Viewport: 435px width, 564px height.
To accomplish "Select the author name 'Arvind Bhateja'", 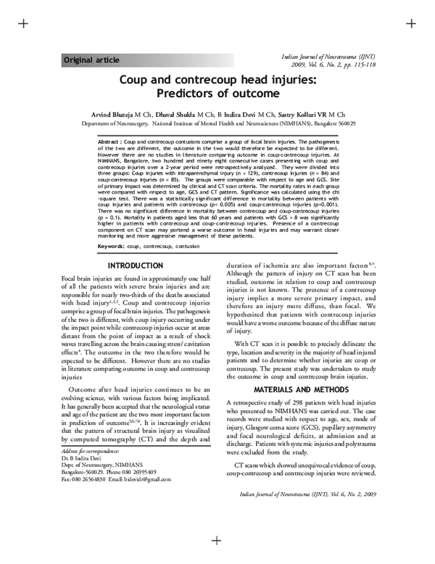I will click(118, 115).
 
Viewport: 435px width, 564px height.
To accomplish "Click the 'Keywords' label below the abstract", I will click(115, 247).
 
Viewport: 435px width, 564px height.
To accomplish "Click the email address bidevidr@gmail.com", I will click(146, 479).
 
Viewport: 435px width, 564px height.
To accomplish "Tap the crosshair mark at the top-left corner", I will click(22, 23).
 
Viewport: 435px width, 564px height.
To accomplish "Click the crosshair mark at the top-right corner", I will click(411, 23).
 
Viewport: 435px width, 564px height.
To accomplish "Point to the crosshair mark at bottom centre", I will click(216, 540).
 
